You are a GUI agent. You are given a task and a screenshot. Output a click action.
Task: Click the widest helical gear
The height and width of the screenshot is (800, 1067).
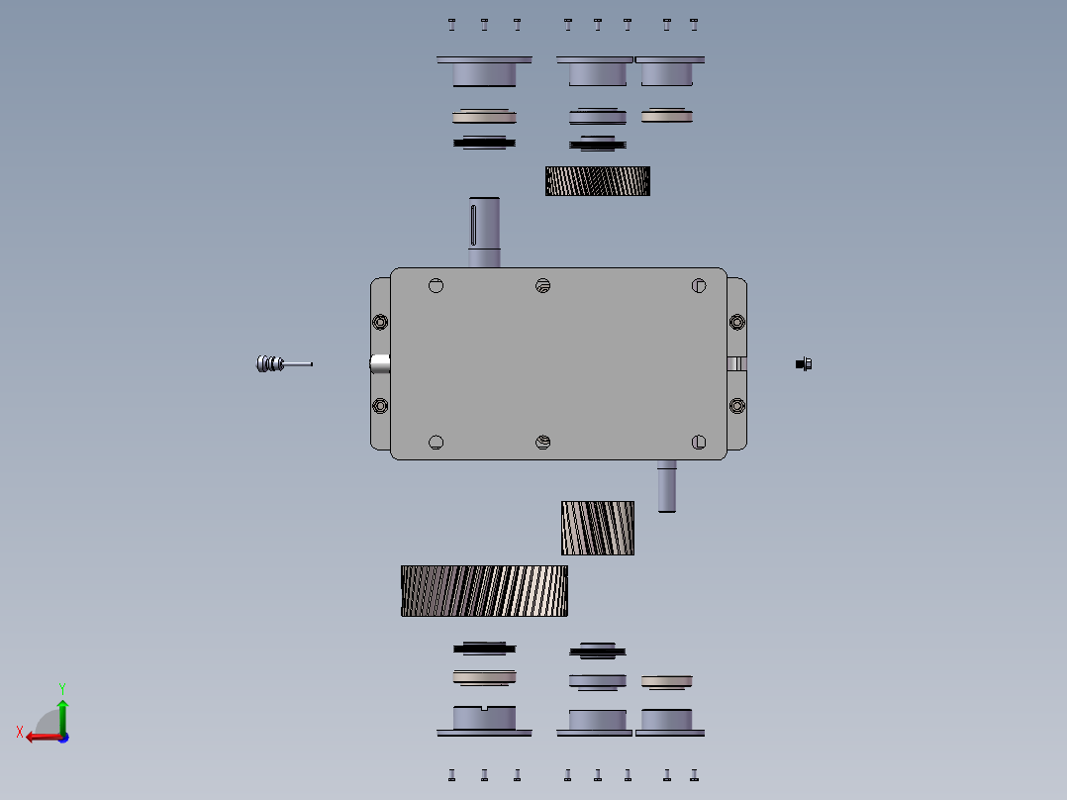pos(484,591)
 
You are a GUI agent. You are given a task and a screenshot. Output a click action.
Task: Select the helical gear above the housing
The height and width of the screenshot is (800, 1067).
pos(598,181)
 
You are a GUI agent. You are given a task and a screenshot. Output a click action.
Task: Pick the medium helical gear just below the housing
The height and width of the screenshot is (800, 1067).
pos(598,528)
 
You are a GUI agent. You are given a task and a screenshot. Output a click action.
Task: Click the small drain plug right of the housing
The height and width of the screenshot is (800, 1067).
pos(805,364)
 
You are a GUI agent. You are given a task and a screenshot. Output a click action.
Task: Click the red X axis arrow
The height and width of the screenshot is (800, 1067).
pos(40,737)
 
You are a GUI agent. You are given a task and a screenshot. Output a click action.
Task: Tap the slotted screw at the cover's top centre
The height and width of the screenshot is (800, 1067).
pos(542,286)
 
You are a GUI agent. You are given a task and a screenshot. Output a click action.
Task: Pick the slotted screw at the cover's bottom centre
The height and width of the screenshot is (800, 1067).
pos(542,442)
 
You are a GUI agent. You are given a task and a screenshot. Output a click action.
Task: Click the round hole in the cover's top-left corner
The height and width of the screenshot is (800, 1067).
pos(436,286)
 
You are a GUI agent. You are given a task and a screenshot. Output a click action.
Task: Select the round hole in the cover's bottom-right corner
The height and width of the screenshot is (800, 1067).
pos(699,442)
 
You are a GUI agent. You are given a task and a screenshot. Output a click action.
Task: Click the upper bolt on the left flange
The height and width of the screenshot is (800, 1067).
pos(380,322)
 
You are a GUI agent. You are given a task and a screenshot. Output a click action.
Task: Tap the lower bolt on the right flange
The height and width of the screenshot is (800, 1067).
pos(736,405)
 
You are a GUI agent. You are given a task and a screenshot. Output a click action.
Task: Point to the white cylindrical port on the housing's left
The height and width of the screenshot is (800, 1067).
pos(380,364)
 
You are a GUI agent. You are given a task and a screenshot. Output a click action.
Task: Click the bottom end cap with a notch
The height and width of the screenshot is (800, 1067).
pos(484,720)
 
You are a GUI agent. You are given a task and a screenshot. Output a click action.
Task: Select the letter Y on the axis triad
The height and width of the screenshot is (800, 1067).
pos(61,687)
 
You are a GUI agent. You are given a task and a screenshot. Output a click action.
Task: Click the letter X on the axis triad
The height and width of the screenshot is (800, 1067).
pos(19,733)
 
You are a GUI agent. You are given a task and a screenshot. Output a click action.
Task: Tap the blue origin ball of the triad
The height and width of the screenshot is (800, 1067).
pos(62,737)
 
